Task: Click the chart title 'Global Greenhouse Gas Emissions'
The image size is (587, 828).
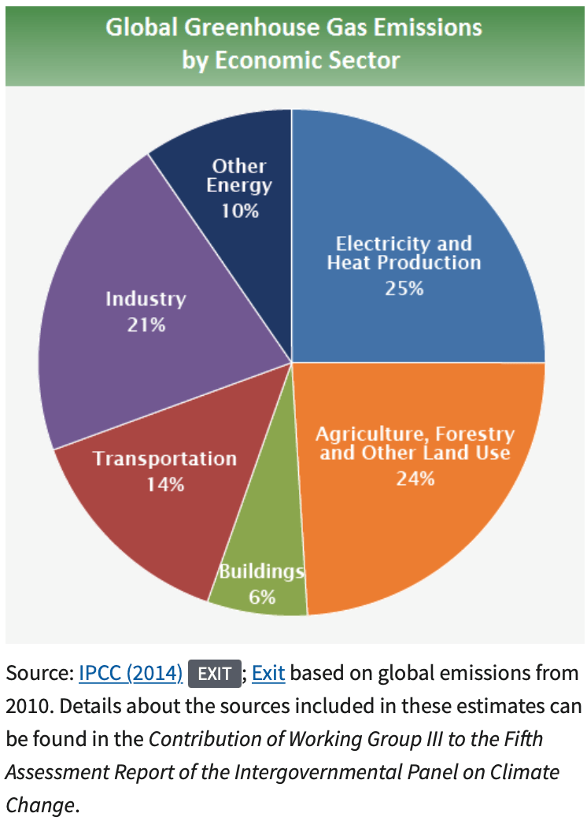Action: [293, 28]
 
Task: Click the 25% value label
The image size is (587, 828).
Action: [404, 288]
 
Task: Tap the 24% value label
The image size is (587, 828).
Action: [415, 478]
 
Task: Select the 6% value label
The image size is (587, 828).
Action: [261, 597]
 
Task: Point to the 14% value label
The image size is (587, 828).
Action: [165, 484]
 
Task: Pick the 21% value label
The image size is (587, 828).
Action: [146, 323]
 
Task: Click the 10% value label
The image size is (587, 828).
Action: [239, 211]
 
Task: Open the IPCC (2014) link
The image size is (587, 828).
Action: [131, 674]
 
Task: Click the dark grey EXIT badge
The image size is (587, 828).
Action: [214, 674]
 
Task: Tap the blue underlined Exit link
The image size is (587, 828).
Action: [268, 674]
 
